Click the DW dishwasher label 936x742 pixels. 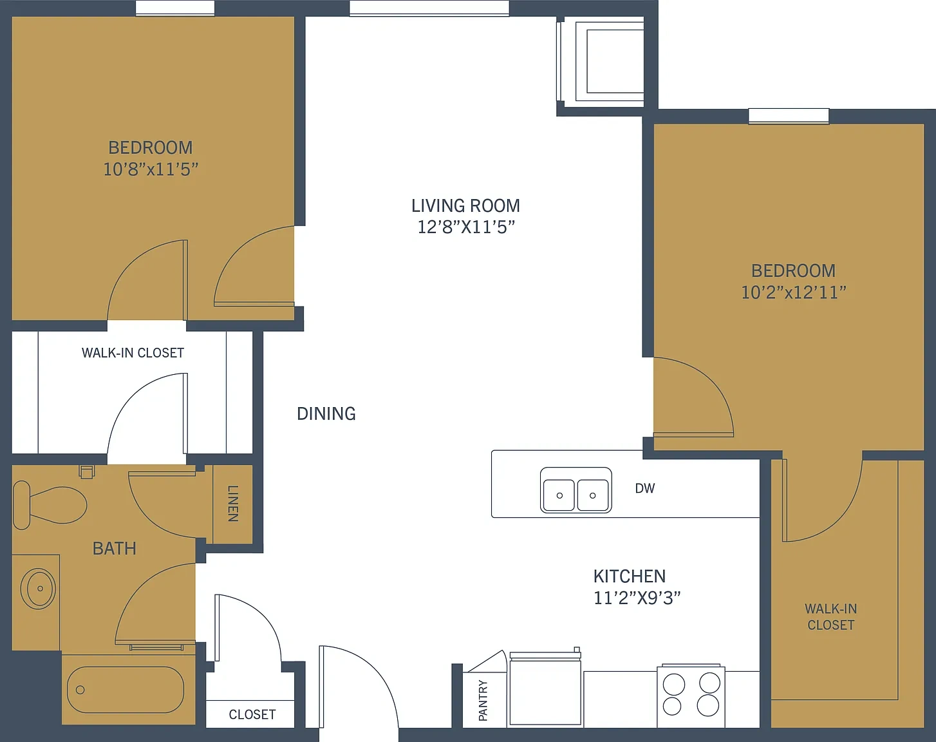(x=644, y=488)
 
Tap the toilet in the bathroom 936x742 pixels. (x=50, y=505)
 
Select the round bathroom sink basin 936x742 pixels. (x=38, y=588)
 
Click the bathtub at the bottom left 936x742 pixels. (x=126, y=690)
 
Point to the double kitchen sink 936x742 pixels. (x=576, y=490)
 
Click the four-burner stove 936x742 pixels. (x=691, y=695)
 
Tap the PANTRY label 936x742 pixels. (x=483, y=701)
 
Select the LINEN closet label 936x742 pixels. (x=233, y=504)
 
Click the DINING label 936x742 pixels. (x=326, y=414)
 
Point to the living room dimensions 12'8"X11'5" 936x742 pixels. (x=466, y=227)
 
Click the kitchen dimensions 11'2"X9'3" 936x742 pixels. (x=637, y=598)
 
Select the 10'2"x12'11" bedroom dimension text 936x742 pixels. (x=793, y=292)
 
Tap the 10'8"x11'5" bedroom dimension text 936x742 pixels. (x=151, y=169)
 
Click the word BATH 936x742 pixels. (x=115, y=548)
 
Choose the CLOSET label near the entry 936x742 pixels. (x=252, y=714)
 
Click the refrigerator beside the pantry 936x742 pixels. (x=545, y=689)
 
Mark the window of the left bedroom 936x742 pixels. (x=175, y=8)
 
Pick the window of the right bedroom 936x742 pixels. (x=789, y=116)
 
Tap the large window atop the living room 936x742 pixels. (x=429, y=8)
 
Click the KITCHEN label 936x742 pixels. (x=630, y=576)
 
